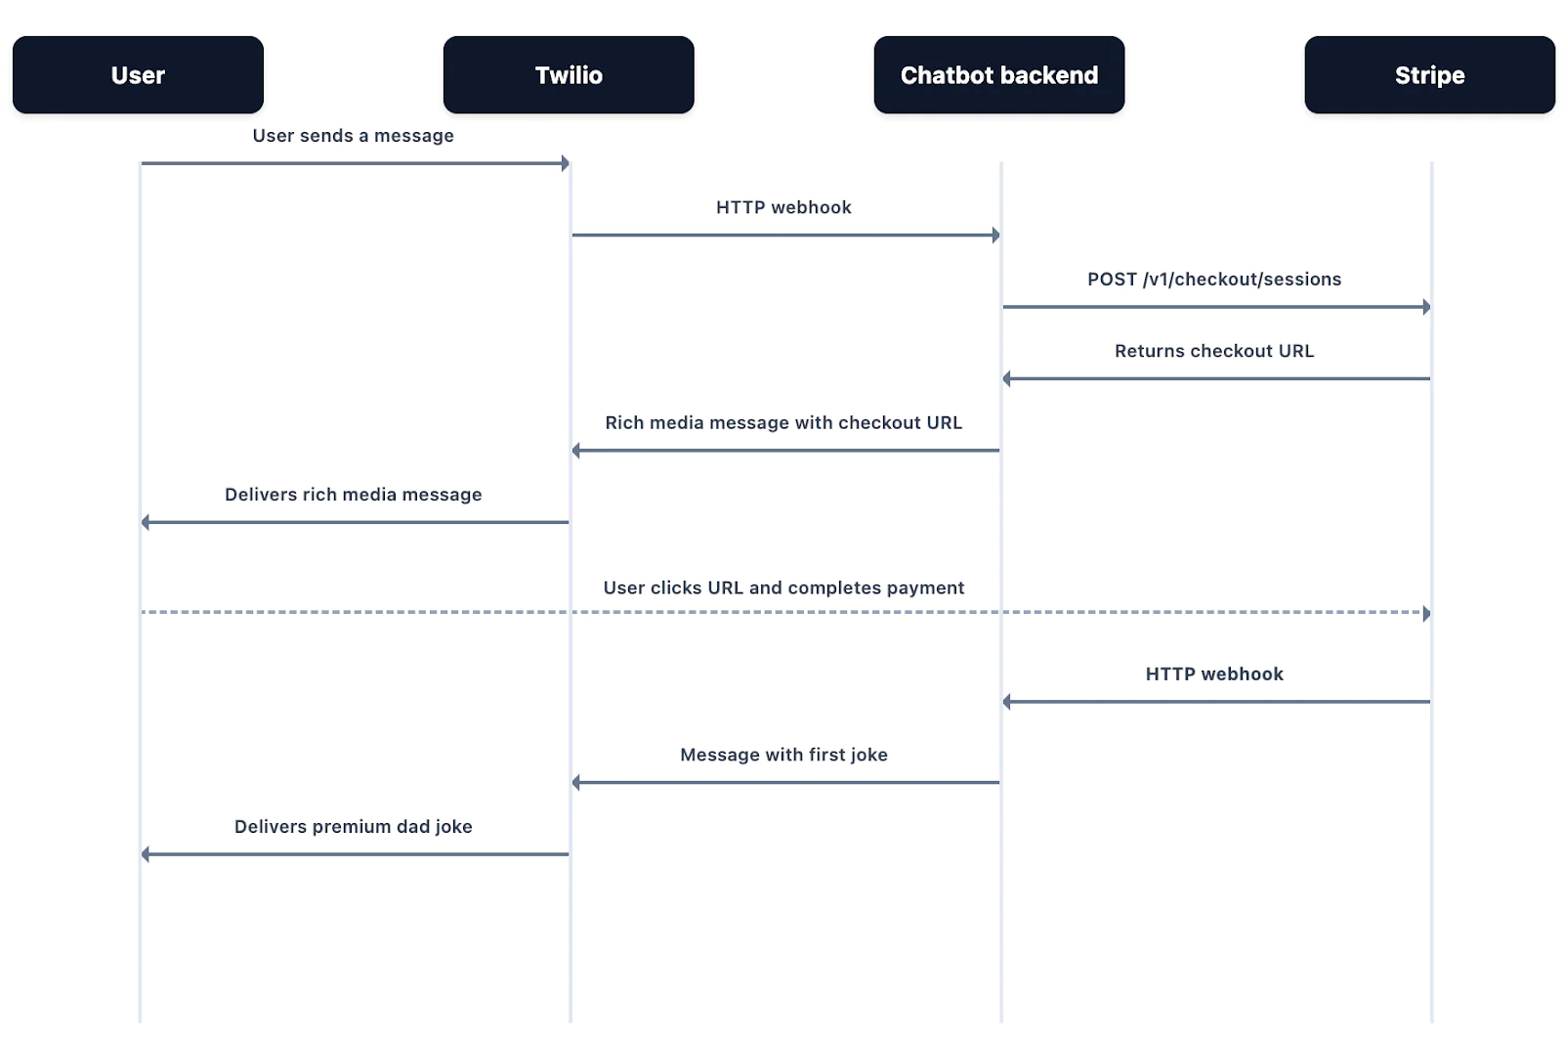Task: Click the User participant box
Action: point(138,75)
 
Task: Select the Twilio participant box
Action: point(569,75)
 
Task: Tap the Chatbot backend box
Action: point(998,75)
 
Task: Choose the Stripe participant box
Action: point(1429,75)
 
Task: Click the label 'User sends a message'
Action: point(353,136)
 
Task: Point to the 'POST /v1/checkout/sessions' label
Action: point(1214,280)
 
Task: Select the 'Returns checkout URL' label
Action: point(1214,351)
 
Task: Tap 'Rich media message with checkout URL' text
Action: point(783,423)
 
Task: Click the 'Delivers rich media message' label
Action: point(353,495)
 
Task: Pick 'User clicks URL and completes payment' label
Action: point(783,587)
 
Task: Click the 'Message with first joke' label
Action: point(783,755)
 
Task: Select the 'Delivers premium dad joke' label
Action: point(353,827)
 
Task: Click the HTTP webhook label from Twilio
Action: point(783,207)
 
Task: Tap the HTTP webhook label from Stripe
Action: point(1214,674)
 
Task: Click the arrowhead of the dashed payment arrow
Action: point(1426,614)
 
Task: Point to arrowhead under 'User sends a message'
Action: point(565,163)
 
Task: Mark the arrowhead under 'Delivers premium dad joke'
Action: point(146,854)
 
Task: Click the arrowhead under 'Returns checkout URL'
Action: point(1007,378)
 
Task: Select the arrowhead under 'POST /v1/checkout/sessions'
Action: point(1426,307)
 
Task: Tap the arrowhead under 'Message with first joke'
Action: point(576,782)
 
